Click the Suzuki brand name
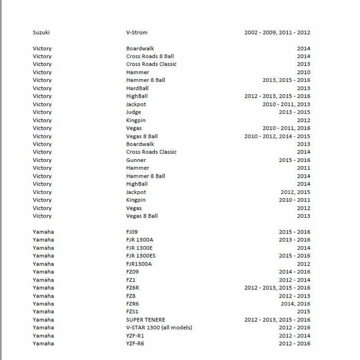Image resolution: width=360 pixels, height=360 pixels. [41, 32]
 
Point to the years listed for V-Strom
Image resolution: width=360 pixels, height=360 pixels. [277, 32]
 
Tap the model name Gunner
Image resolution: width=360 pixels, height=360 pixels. [136, 160]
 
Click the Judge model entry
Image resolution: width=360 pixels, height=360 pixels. [133, 112]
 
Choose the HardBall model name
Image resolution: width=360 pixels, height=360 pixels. [137, 88]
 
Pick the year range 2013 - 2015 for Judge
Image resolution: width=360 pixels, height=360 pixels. [294, 112]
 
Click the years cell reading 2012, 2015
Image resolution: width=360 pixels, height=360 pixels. [295, 192]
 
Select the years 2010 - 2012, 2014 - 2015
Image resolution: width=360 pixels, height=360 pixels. [277, 136]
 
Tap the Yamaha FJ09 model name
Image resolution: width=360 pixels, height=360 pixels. [132, 232]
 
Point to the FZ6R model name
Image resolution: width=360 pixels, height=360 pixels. [134, 288]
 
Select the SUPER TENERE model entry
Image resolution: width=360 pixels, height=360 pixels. [146, 320]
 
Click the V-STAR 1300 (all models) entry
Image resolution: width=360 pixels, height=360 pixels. [159, 328]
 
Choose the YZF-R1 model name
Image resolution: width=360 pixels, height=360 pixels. [135, 336]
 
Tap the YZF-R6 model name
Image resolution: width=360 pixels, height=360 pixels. [135, 344]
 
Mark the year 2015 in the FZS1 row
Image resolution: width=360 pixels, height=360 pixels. [304, 312]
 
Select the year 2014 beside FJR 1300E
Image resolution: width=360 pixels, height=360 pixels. [304, 248]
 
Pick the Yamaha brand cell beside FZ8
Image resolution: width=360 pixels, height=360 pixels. [43, 296]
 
